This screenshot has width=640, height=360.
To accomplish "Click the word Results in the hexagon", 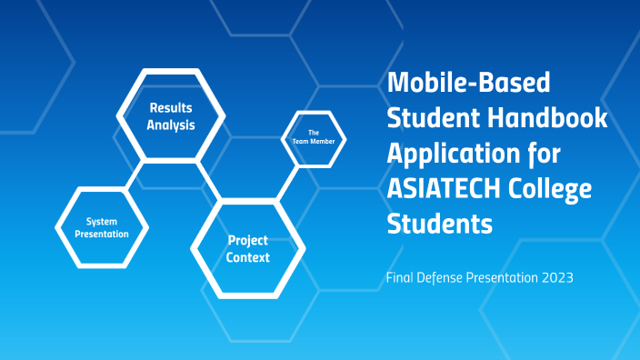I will [171, 107].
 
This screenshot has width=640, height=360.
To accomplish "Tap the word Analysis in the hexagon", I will [171, 125].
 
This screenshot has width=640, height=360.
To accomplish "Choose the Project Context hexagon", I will [248, 249].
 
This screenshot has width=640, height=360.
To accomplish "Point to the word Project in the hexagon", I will [248, 241].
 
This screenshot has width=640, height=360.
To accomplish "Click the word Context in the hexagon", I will [248, 258].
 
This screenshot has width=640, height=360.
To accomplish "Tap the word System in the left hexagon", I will [102, 221].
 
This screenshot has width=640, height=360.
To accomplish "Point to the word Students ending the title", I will [440, 223].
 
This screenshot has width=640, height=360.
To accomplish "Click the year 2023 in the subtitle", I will [555, 278].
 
